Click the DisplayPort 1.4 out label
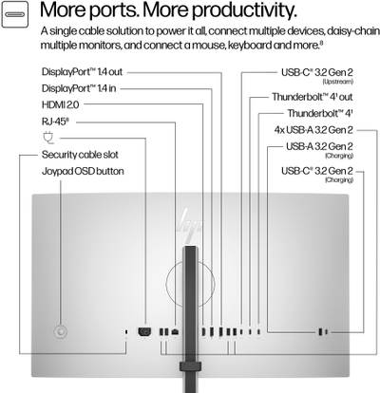pos(82,72)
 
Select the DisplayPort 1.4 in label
pos(79,88)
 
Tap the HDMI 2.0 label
pos(60,104)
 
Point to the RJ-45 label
pos(55,122)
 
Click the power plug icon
pos(47,138)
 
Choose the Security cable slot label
pos(80,155)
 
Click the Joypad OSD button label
pos(83,172)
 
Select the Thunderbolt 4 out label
pos(313,97)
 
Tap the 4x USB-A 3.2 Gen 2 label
pos(313,130)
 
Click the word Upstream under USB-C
pos(337,82)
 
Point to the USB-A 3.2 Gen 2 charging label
pos(319,149)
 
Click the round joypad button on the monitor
pos(61,332)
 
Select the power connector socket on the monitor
pos(144,331)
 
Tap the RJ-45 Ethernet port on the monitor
pos(175,332)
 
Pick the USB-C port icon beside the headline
pos(14,14)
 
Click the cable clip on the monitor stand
pos(190,366)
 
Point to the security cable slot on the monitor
pos(126,332)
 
